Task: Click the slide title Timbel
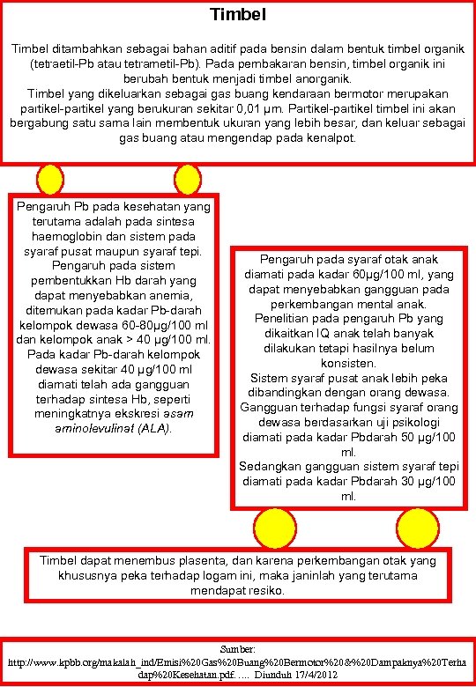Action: (238, 14)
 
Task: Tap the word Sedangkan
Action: (272, 466)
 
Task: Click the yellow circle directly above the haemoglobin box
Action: (52, 174)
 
